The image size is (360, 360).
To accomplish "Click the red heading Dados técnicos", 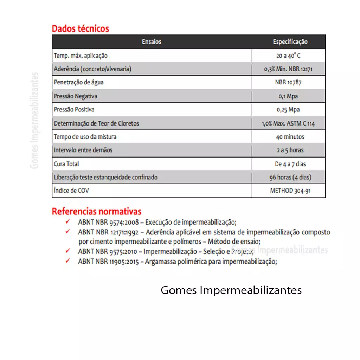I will coord(81,28).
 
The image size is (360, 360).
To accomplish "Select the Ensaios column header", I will coord(152,42).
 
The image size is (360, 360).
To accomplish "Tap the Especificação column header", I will coord(290,42).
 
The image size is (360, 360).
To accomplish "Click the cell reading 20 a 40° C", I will coord(288,56).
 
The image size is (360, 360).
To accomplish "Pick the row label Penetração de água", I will coord(79,83).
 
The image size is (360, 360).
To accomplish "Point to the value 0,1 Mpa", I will coord(288,96).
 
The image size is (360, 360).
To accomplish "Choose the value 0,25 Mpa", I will coord(288,110).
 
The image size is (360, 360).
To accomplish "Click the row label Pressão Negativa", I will coord(76,96).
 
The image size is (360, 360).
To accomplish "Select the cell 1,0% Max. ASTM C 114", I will coord(288,123).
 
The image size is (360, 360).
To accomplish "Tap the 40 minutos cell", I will coord(290,137).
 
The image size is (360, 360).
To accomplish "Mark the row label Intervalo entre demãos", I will coord(83,150).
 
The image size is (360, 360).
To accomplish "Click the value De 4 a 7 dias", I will coord(290,164).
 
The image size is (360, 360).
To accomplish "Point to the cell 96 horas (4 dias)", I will coord(290,178).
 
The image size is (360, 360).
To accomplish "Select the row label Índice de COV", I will coord(71,191).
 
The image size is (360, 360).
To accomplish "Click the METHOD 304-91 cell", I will coord(290,191).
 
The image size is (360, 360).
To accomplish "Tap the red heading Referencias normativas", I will coord(97,212).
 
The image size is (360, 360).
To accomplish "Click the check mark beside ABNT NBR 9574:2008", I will coord(68,222).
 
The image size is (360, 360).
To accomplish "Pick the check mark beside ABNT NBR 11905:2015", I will coord(68,261).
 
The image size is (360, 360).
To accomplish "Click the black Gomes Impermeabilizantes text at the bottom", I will coord(231,290).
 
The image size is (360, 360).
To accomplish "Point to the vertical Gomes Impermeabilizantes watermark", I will coord(34,121).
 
